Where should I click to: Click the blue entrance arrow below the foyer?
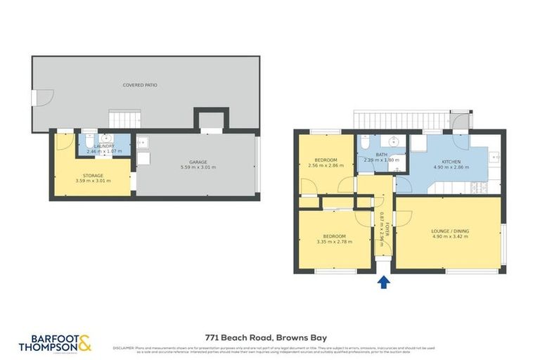coord(384,283)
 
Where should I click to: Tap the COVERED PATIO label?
coord(140,85)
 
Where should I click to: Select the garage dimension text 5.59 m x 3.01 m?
coord(198,167)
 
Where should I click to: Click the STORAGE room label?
coord(93,175)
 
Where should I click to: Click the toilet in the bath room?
coord(363,143)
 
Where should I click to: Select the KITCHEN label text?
coord(451,162)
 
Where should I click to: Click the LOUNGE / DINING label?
coord(450,231)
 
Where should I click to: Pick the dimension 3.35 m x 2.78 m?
coord(333,242)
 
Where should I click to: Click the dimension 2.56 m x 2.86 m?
coord(326,166)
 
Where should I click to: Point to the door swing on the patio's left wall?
coord(41,100)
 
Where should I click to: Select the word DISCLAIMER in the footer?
coord(124,347)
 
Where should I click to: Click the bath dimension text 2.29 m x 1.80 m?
coord(382,160)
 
